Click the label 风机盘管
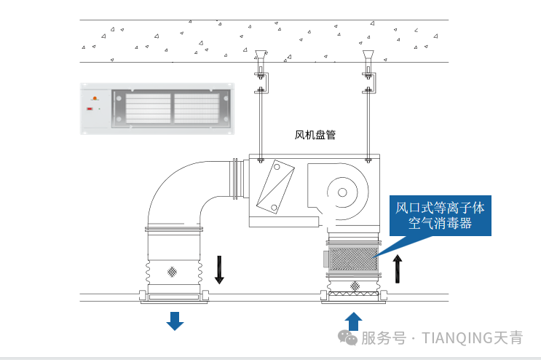(315, 135)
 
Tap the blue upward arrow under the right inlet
(353, 321)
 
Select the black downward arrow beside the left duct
(219, 270)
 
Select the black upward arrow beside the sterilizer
(398, 269)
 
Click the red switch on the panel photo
(90, 109)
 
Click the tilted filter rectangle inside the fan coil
(276, 187)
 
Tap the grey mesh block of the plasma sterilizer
(353, 259)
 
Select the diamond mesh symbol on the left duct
(173, 271)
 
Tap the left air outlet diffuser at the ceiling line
(173, 297)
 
